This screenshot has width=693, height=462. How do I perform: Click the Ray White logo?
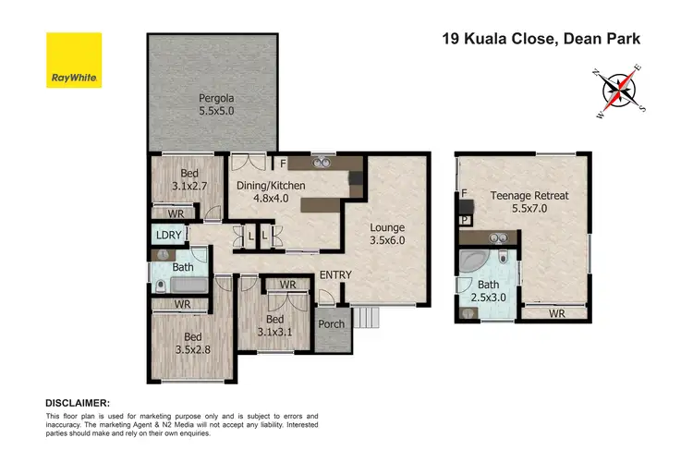74,60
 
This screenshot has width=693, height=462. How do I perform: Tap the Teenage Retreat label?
529,202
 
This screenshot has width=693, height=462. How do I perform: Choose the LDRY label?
168,236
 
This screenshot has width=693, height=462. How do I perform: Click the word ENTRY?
335,275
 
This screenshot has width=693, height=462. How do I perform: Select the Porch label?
331,324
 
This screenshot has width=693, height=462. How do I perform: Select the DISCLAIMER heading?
78,404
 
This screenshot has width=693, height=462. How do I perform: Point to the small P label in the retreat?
466,221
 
